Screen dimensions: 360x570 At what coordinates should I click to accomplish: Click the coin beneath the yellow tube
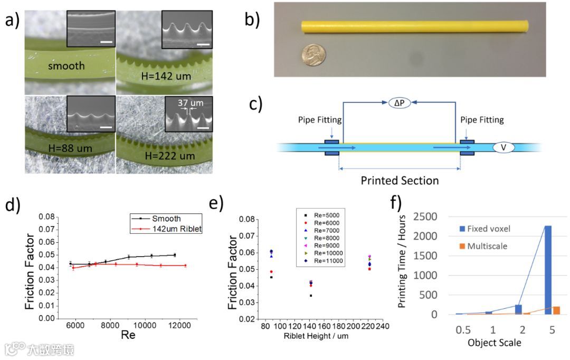point(314,54)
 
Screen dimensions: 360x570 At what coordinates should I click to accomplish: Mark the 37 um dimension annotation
point(186,104)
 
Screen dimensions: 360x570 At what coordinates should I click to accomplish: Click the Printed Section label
point(400,181)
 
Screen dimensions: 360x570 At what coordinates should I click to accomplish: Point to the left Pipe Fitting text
point(320,120)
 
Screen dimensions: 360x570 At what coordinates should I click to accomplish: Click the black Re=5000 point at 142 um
point(311,296)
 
